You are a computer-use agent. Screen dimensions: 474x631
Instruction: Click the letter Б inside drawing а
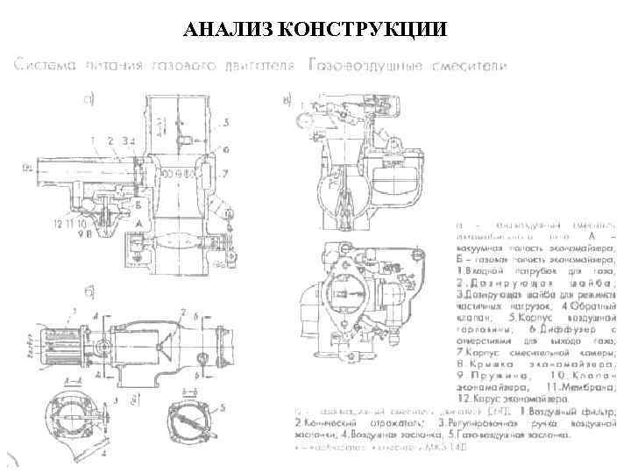pos(140,201)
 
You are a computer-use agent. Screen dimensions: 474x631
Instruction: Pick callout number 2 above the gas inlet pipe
pos(111,140)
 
